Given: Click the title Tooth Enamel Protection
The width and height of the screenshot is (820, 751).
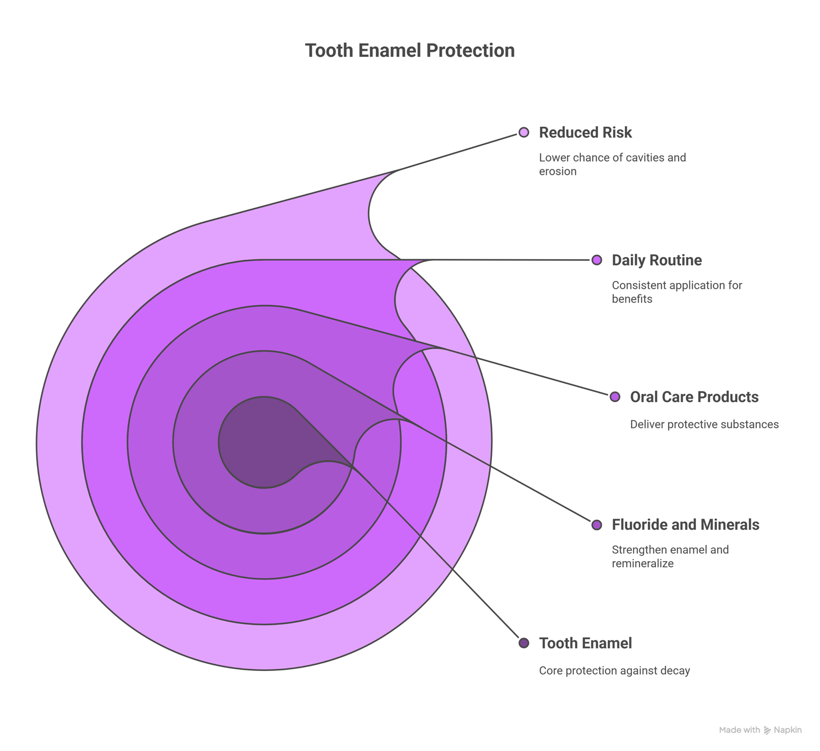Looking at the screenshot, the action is [x=410, y=51].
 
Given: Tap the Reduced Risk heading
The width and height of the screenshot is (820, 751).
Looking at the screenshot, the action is [x=585, y=132].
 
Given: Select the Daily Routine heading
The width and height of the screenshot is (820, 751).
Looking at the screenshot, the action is [x=657, y=260].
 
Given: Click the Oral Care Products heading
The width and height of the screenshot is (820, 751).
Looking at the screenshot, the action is [x=694, y=397].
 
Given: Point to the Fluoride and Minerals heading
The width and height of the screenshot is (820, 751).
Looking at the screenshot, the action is [x=685, y=524].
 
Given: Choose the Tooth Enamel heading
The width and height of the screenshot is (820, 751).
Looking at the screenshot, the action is [x=585, y=643].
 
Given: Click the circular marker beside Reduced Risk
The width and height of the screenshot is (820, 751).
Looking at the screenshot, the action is [x=523, y=132].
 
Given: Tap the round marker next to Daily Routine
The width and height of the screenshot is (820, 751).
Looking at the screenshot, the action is [x=597, y=260].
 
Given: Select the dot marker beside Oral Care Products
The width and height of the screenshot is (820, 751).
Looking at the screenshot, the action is [x=615, y=397].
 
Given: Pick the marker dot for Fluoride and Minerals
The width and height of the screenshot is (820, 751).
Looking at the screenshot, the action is [x=597, y=525].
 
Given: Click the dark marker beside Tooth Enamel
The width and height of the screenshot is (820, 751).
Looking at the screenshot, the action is [x=523, y=643].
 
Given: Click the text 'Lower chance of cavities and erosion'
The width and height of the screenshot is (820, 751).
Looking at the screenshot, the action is [x=612, y=164].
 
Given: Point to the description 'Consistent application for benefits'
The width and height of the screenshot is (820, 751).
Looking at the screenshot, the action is [x=677, y=292].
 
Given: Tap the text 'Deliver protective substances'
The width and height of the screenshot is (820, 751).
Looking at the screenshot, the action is [x=704, y=424].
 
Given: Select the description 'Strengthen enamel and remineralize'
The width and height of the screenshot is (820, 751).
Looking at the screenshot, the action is [x=670, y=557].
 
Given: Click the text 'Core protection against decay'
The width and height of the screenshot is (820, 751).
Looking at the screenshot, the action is [x=614, y=670].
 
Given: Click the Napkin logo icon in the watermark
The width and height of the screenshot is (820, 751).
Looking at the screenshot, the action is [x=767, y=730].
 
